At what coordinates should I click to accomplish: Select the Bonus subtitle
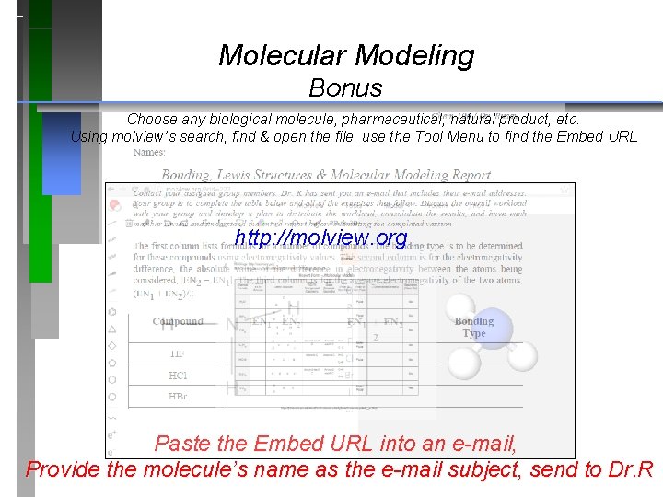tap(345, 88)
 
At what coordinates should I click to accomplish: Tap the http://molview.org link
tap(320, 238)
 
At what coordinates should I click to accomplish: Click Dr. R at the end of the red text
tap(631, 468)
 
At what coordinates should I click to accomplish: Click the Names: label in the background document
tap(150, 153)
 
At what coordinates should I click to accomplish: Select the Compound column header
tap(178, 322)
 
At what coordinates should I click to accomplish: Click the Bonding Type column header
tap(474, 328)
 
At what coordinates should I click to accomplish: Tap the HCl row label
tap(179, 376)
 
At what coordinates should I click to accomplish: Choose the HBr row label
tap(179, 397)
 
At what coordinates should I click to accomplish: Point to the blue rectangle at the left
tap(62, 154)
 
